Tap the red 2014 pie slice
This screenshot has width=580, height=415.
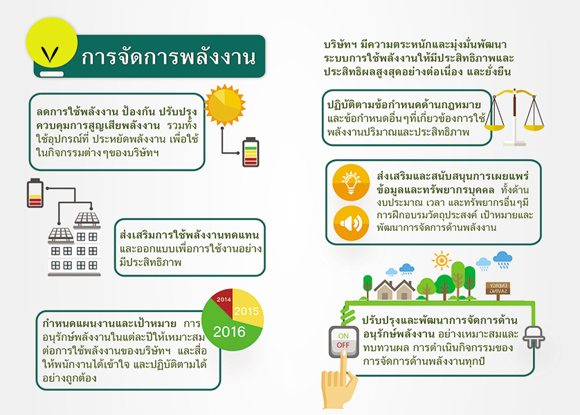pos(223,300)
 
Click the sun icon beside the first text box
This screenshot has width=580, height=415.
pos(224,105)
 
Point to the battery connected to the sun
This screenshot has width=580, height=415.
pos(251,152)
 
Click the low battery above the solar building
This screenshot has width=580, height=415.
pos(35,193)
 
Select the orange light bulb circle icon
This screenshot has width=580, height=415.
pos(351,182)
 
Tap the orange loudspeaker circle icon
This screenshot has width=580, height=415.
pos(351,223)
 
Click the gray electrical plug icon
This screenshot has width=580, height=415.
pos(534,337)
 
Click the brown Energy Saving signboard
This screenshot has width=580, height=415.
pos(498,288)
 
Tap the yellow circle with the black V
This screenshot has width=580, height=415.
pos(52,42)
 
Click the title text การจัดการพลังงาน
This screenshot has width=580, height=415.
pos(169,57)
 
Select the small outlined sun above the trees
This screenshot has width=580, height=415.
pos(442,260)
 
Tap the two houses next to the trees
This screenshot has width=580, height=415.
pos(394,289)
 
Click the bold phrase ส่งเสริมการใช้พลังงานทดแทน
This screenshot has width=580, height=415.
pos(189,235)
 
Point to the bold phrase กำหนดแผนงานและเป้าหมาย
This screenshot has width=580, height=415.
pos(109,324)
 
